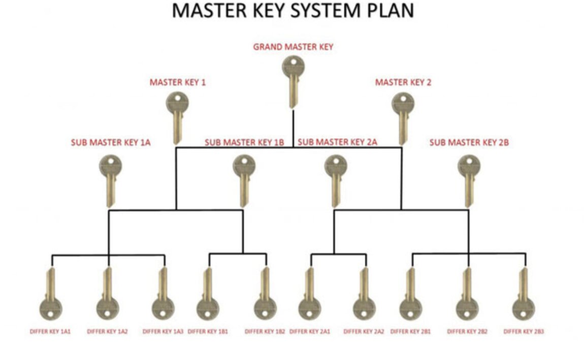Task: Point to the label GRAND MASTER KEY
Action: point(293,47)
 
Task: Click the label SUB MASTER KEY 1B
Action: point(244,143)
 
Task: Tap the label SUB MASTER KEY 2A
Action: point(337,142)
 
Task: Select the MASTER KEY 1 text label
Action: point(177,82)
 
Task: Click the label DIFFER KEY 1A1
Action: point(50,332)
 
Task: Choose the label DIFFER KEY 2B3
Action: point(523,332)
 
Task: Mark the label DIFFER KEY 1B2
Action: point(265,332)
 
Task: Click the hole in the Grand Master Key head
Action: point(293,62)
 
